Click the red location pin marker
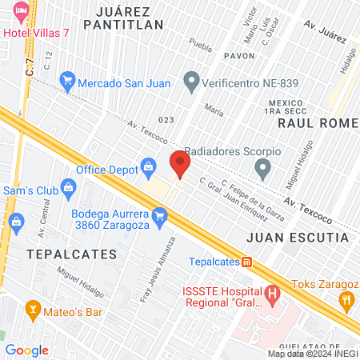(x=180, y=165)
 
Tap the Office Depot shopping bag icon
(x=148, y=166)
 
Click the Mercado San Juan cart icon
(x=68, y=80)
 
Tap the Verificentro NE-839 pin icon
(x=191, y=80)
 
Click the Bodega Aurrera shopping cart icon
(x=160, y=214)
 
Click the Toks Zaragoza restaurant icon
(x=346, y=301)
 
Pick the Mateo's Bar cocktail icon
(x=33, y=307)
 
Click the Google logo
(x=27, y=350)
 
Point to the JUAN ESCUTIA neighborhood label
(x=298, y=238)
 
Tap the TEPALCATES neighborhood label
(x=71, y=254)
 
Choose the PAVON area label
(x=239, y=57)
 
